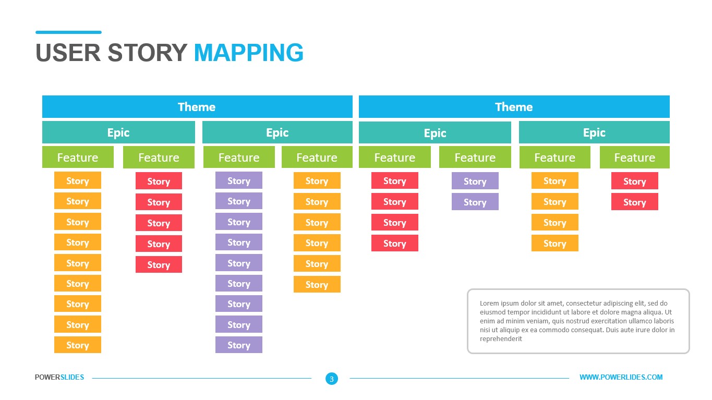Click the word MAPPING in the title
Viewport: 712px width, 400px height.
tap(248, 53)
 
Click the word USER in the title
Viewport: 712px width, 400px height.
tap(68, 53)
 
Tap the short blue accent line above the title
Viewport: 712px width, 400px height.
tap(68, 32)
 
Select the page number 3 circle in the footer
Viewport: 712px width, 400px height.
tap(332, 379)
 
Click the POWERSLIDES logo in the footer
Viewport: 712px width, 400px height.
tap(59, 377)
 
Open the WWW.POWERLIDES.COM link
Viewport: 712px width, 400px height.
tap(621, 377)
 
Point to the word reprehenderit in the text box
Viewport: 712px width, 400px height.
tap(501, 339)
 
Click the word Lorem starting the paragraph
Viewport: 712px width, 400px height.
tap(489, 304)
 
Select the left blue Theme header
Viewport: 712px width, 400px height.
tap(197, 107)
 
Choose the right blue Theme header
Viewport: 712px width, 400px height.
tap(514, 107)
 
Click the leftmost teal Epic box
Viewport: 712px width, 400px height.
tap(118, 132)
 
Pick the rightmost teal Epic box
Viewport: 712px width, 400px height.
tap(594, 132)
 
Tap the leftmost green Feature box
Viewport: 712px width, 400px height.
tap(78, 157)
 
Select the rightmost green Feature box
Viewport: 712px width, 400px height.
tap(634, 157)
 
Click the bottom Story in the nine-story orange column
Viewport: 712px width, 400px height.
tap(78, 345)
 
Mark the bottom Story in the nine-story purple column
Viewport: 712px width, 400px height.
tap(239, 345)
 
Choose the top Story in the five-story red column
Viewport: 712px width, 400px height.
tap(159, 181)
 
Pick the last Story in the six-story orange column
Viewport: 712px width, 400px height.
tap(317, 285)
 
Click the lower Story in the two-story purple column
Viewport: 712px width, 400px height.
tap(475, 202)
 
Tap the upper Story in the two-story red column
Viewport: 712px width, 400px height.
tap(634, 181)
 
